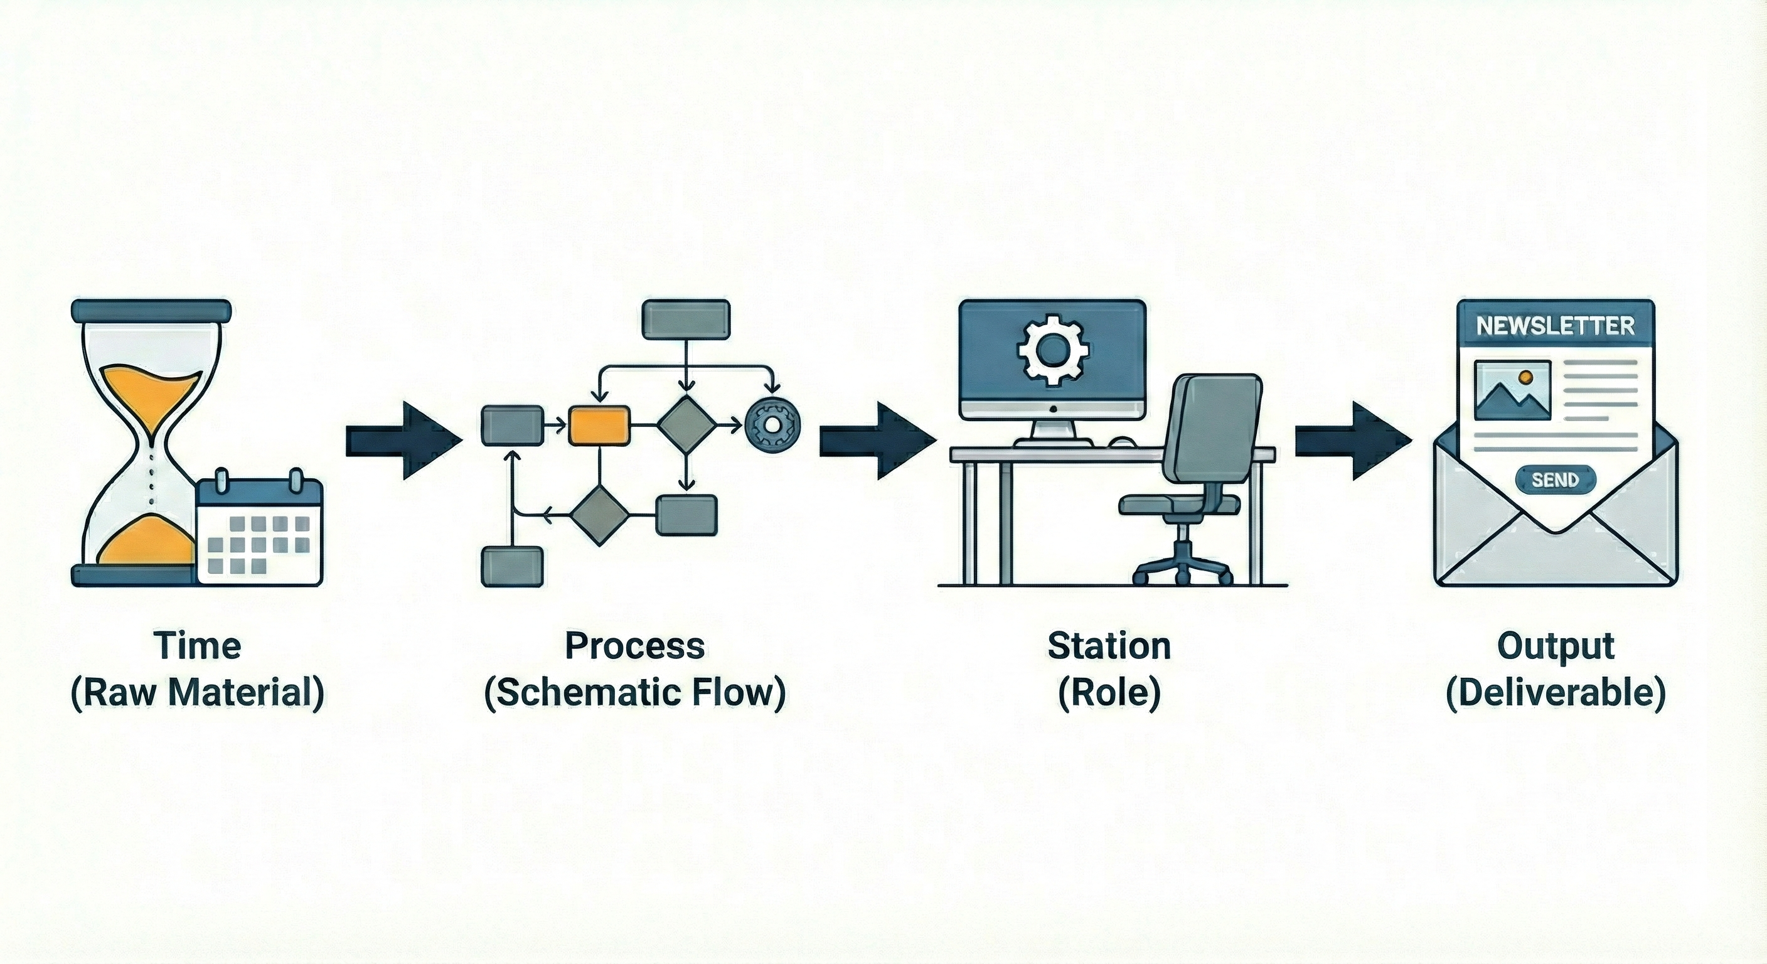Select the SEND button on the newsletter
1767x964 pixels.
point(1555,479)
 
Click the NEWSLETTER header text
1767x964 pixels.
point(1555,325)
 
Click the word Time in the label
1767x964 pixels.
point(198,646)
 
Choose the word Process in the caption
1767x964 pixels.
point(634,646)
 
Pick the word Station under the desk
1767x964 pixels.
point(1109,646)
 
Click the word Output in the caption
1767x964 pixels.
point(1555,646)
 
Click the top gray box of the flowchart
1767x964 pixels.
point(685,319)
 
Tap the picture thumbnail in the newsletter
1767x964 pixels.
point(1512,390)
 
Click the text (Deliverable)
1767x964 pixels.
point(1555,693)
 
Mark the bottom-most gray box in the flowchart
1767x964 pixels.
point(513,566)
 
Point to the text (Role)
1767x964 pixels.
point(1109,693)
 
